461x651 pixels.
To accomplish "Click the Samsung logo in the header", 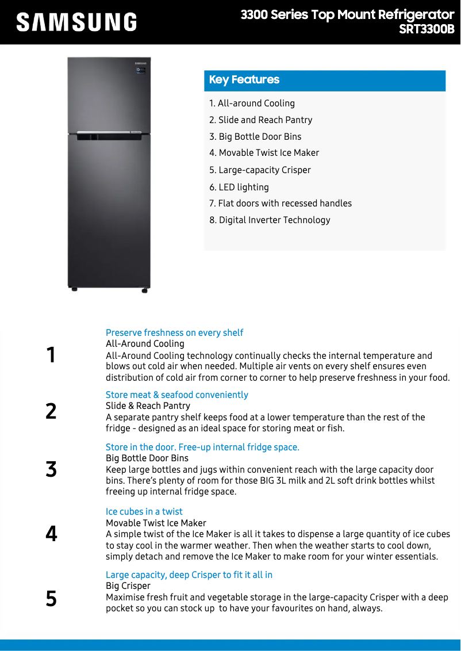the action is tap(76, 22).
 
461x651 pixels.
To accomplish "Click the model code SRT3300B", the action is tap(427, 29).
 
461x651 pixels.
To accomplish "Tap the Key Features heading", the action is tap(244, 80).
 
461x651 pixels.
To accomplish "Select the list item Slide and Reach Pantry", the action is tap(261, 120).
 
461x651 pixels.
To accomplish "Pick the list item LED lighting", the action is tap(239, 187).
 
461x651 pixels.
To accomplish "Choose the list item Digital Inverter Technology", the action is tap(270, 220).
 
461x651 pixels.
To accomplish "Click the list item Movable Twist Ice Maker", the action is tap(264, 153).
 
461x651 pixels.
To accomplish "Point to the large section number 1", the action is tap(51, 355).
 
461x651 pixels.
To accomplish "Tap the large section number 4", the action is tap(51, 534).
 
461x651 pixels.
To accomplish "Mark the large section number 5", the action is tap(51, 599).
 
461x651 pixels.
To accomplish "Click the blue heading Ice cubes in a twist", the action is tap(144, 512).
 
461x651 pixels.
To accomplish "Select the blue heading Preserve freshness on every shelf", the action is tap(174, 333).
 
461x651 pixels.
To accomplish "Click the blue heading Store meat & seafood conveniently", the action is tap(177, 395).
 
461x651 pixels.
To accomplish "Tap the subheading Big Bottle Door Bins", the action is tap(147, 458).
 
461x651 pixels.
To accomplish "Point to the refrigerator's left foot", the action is tap(74, 289).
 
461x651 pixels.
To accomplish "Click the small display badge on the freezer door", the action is tap(140, 70).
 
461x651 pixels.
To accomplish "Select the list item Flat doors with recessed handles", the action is tap(281, 204).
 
